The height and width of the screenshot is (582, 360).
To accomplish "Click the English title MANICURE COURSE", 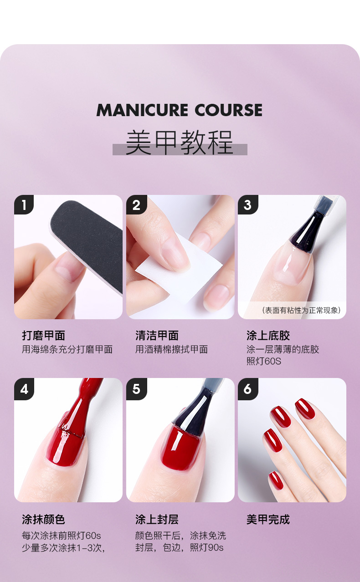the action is tap(180, 110).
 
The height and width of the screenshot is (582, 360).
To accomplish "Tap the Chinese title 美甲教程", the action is tap(180, 143).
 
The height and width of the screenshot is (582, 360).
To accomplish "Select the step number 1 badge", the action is tap(24, 205).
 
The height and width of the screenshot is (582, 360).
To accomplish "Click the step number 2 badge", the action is tap(136, 205).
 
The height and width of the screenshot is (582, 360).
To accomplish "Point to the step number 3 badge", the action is tap(248, 205).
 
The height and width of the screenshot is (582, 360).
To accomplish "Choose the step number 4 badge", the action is tap(24, 389).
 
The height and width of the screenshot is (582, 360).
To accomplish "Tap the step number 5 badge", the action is tap(136, 389).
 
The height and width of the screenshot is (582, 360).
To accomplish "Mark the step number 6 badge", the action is tap(248, 389).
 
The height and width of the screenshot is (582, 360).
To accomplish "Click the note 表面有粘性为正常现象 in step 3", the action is tap(301, 310).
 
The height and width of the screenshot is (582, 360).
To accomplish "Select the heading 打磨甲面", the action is tap(43, 336).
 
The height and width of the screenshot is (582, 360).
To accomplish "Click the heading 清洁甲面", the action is tap(157, 336).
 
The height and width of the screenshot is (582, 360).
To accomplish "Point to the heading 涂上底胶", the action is tap(268, 336).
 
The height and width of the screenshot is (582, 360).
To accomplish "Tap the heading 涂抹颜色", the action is tap(43, 520).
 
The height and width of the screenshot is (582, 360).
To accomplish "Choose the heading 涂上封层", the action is tap(157, 520).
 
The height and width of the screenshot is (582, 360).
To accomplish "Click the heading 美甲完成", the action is tap(268, 520).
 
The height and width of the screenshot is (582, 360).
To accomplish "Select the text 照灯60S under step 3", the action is tap(264, 362).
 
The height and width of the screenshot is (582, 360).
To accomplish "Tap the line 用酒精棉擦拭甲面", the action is tap(171, 349).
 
